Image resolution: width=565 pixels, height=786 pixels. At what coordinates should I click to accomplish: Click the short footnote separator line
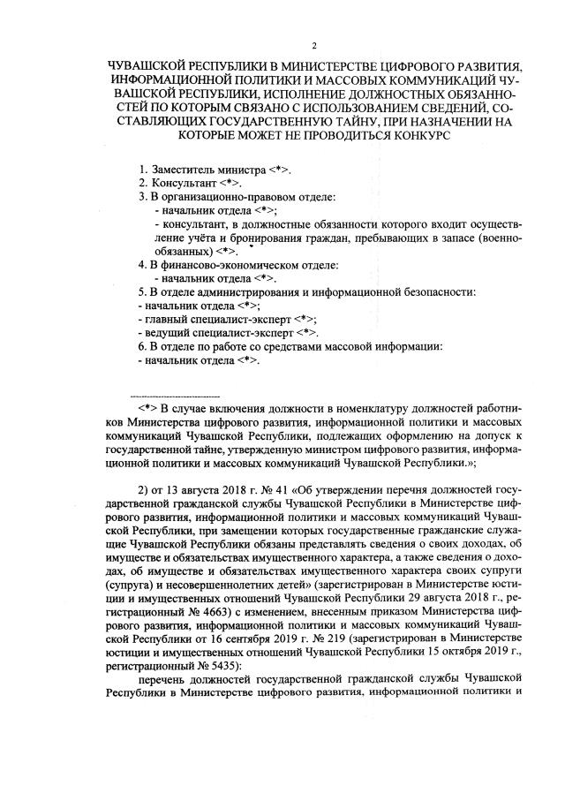point(174,397)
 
